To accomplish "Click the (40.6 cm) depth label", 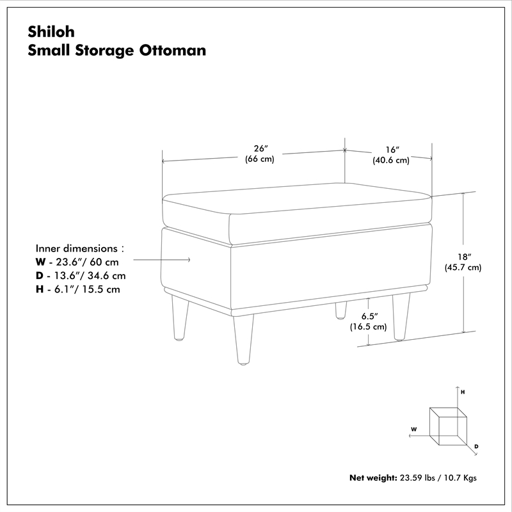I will click(x=390, y=161).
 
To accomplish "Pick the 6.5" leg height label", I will click(x=368, y=316).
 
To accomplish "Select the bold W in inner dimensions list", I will click(x=41, y=262).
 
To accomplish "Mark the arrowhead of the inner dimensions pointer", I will click(x=189, y=259).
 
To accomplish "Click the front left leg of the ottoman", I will click(x=243, y=340).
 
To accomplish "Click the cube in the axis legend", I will click(x=447, y=425).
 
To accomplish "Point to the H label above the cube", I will click(x=462, y=391).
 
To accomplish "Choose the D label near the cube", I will click(x=476, y=445).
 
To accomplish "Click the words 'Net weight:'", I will click(x=373, y=477).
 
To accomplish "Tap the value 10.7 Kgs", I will click(x=460, y=477).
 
